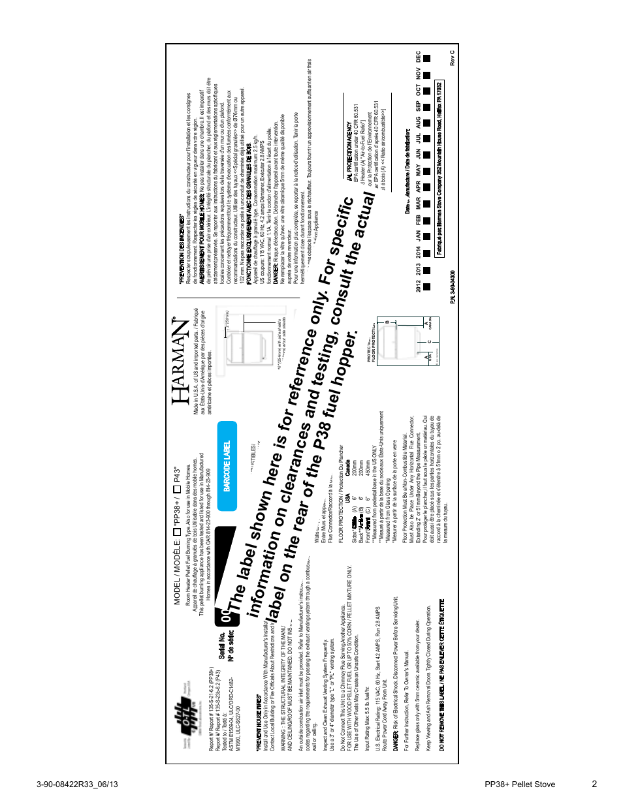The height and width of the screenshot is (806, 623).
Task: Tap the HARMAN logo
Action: [x=181, y=362]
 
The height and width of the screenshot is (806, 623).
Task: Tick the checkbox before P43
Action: [x=177, y=489]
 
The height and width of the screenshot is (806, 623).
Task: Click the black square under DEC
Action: [x=426, y=59]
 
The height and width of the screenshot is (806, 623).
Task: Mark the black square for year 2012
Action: [x=426, y=287]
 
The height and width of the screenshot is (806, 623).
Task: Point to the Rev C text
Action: [x=452, y=57]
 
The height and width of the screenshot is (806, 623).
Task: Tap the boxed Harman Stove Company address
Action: [x=439, y=169]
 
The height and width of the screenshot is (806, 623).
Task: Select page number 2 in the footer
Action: [x=594, y=784]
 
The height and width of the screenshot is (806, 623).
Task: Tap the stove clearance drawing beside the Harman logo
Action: [x=249, y=337]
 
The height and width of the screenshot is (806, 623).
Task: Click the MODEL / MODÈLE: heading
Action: [x=177, y=572]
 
